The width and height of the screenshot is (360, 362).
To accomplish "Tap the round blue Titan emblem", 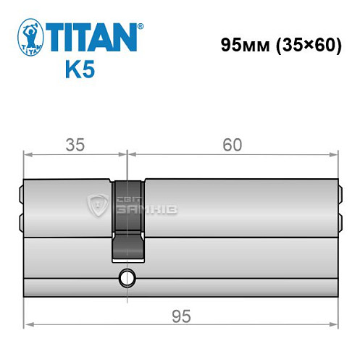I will (28, 37).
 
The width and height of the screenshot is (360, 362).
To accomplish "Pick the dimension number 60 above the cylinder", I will (232, 144).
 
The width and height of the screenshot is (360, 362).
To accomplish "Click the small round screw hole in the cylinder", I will (128, 276).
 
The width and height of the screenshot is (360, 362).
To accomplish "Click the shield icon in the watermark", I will (96, 206).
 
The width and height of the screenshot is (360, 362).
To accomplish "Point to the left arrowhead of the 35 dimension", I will (28, 153).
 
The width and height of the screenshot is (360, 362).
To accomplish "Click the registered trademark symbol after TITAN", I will (141, 26).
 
